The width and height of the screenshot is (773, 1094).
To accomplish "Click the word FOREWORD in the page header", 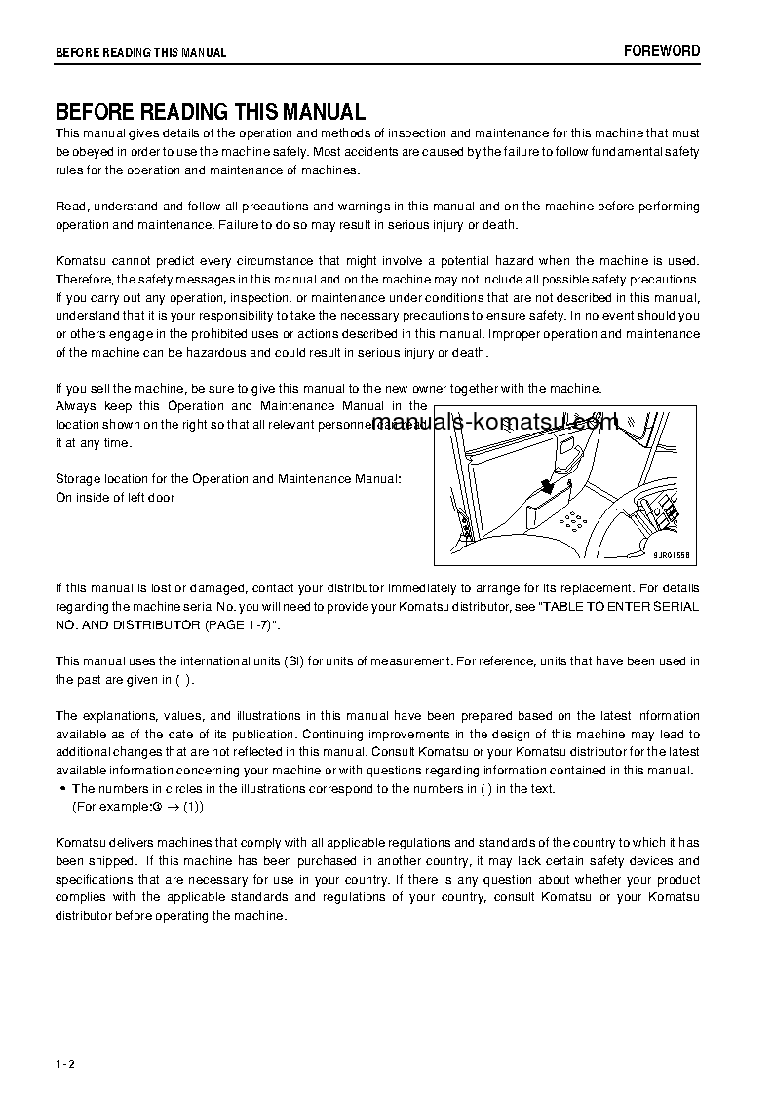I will point(662,51).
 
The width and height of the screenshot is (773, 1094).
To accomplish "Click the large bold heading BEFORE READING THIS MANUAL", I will point(210,112).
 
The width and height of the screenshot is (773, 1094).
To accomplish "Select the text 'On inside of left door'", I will point(115,498).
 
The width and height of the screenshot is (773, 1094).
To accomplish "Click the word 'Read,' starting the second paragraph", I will point(72,207).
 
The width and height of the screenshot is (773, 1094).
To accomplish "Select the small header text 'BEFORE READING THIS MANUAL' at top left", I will point(140,53).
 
